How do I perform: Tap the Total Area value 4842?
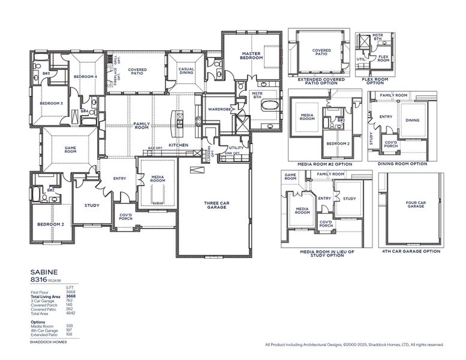70,313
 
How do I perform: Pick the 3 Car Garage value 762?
70,301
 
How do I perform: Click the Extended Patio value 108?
70,334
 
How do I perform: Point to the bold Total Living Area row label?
46,296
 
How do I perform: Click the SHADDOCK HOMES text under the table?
49,342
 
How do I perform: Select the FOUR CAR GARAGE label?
416,204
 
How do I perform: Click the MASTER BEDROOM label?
251,56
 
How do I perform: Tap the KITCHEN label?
178,145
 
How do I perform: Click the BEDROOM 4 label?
85,77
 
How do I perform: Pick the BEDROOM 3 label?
52,103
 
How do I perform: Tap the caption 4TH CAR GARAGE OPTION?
411,251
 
